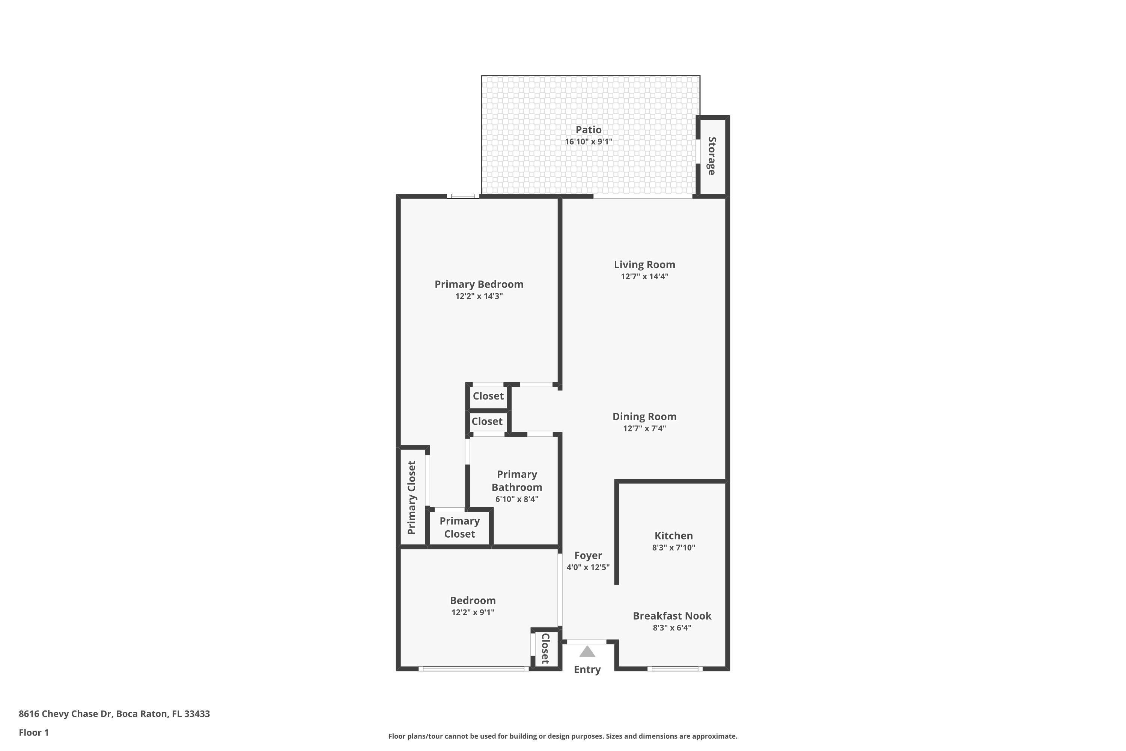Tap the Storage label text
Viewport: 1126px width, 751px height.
712,156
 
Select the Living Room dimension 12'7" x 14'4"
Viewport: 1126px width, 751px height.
644,276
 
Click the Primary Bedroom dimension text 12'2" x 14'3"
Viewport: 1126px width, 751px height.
479,296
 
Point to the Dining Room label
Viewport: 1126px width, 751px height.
644,416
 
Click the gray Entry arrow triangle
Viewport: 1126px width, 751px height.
587,652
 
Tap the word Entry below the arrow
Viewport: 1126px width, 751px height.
587,670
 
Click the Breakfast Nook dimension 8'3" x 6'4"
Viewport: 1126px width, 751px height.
672,628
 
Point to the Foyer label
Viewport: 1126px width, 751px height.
588,555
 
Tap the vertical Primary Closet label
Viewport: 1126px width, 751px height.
412,498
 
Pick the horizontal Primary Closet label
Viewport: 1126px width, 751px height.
459,527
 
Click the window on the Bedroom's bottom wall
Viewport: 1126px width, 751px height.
473,669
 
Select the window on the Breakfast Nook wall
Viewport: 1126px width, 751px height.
674,669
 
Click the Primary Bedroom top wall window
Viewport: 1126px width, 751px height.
463,196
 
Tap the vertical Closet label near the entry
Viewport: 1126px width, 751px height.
545,648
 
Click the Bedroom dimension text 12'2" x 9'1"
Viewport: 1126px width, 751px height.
473,612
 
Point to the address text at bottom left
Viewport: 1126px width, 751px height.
114,714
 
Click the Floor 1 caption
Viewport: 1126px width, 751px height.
33,732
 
